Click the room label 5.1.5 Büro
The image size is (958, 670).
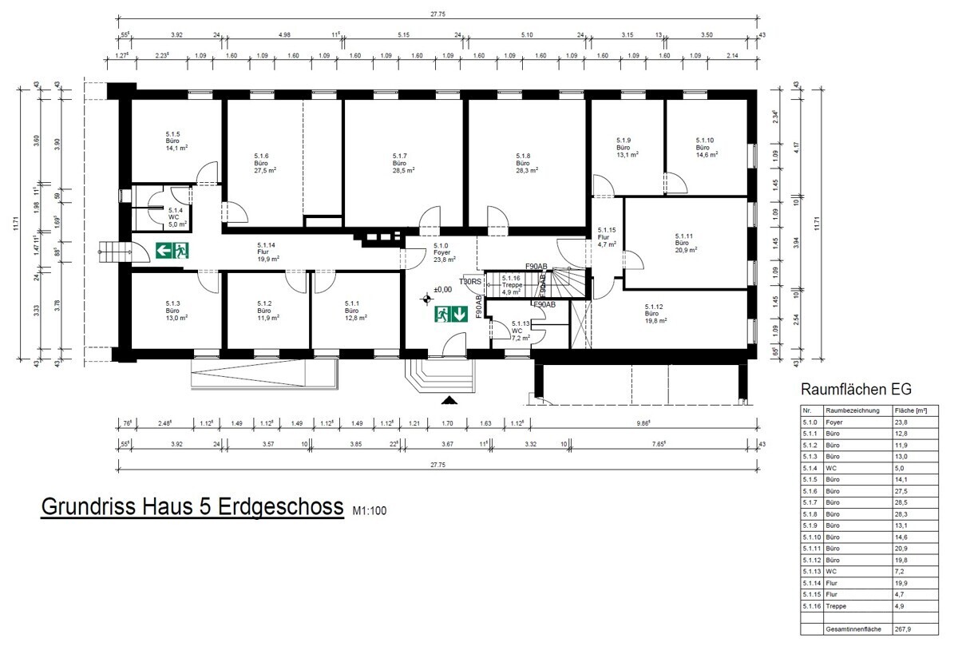pyautogui.click(x=173, y=141)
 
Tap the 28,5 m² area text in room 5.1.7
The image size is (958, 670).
pyautogui.click(x=400, y=170)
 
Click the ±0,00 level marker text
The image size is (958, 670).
pyautogui.click(x=443, y=290)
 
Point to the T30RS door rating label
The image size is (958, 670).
pyautogui.click(x=470, y=281)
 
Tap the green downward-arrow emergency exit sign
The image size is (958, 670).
pyautogui.click(x=450, y=315)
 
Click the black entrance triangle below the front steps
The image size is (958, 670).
pyautogui.click(x=449, y=401)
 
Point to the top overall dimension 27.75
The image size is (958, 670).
pyautogui.click(x=437, y=14)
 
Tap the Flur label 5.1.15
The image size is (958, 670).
pyautogui.click(x=607, y=236)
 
